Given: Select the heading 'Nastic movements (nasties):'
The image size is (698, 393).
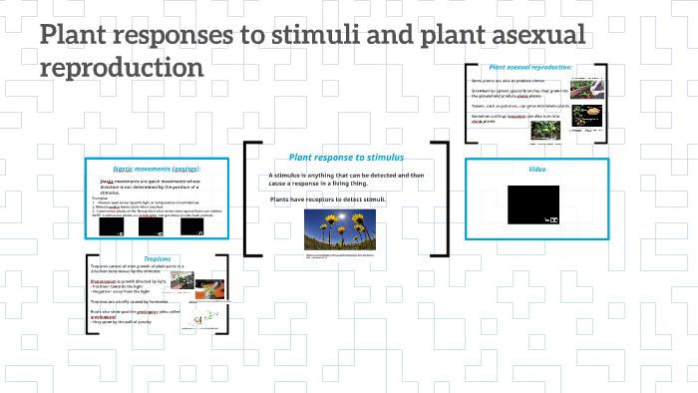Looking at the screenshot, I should point(157,170).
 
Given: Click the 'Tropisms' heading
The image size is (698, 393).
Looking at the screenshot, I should point(159,258).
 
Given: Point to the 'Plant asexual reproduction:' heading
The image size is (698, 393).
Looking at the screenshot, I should point(530,67).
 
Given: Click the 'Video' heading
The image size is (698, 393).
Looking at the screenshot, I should point(536,170).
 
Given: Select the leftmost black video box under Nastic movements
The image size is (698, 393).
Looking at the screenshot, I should point(112,227).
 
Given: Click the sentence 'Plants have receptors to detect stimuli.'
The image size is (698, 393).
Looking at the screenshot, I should point(327,199).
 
